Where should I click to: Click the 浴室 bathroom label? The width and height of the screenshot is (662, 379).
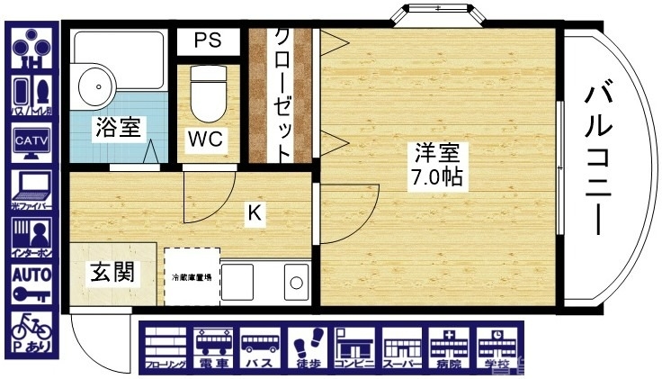118,128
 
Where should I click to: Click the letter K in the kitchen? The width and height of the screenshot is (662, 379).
255,214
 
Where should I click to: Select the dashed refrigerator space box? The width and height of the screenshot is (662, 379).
192,276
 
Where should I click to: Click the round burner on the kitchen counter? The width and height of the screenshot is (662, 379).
295,284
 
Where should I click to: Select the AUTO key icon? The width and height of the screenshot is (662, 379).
31,282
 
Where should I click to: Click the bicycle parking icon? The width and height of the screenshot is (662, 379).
31,329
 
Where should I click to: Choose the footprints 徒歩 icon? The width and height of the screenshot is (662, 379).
307,348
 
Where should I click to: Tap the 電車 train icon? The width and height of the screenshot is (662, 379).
213,348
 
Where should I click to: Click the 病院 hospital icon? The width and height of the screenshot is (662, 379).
447,348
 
